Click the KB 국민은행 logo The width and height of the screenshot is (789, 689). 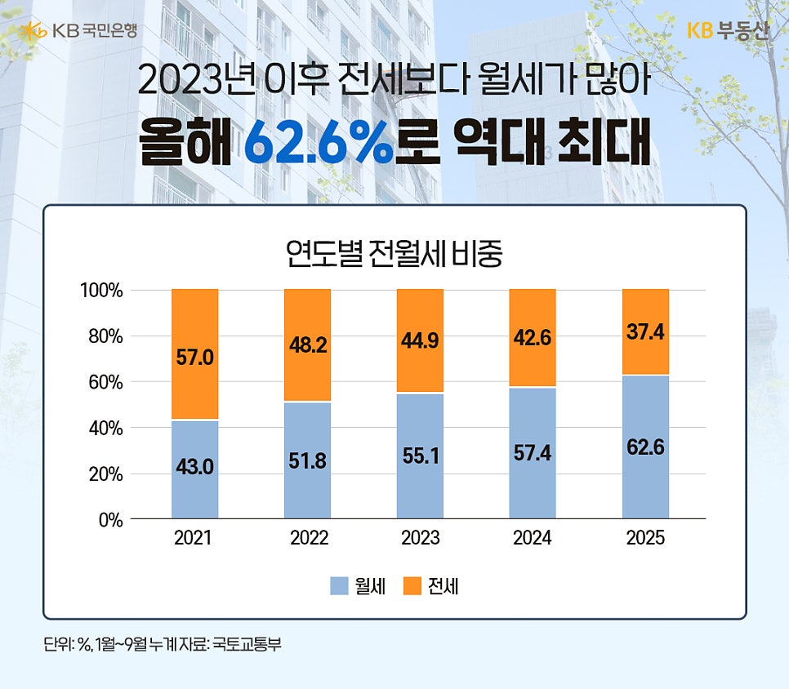[80, 31]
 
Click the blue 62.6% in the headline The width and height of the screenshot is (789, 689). [319, 144]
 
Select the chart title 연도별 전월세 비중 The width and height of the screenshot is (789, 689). [394, 254]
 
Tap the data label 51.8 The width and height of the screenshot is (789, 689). [307, 461]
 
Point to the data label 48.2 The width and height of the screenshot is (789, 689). [307, 345]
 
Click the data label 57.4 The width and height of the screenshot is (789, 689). [533, 451]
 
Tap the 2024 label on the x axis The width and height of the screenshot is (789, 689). [533, 539]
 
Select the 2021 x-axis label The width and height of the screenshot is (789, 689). [194, 539]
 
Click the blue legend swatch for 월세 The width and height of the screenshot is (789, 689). [339, 586]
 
